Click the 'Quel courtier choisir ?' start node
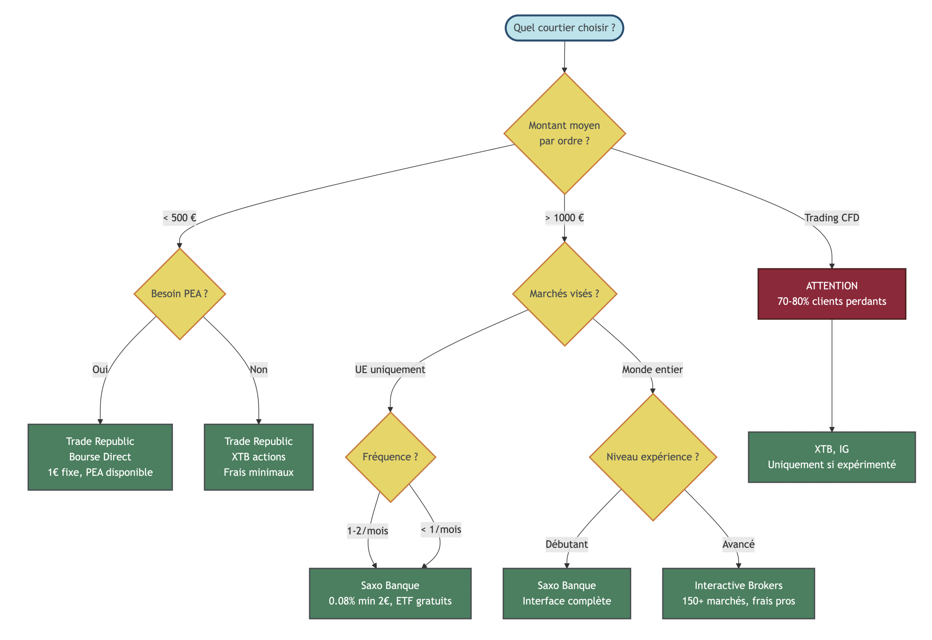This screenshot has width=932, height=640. [x=564, y=28]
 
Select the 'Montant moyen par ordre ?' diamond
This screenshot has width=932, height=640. [x=564, y=133]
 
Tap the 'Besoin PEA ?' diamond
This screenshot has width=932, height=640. [x=180, y=294]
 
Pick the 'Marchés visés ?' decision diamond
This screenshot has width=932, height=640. [x=564, y=294]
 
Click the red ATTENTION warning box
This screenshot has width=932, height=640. [x=831, y=294]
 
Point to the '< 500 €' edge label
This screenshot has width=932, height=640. [x=180, y=218]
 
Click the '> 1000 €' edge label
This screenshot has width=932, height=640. [x=564, y=218]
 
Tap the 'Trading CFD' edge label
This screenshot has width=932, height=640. [x=831, y=218]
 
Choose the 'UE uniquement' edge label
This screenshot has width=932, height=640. [x=390, y=369]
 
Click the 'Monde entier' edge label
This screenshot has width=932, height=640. [x=652, y=369]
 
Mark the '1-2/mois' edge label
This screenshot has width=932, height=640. [x=367, y=531]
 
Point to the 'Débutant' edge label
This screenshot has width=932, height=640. [x=566, y=544]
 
